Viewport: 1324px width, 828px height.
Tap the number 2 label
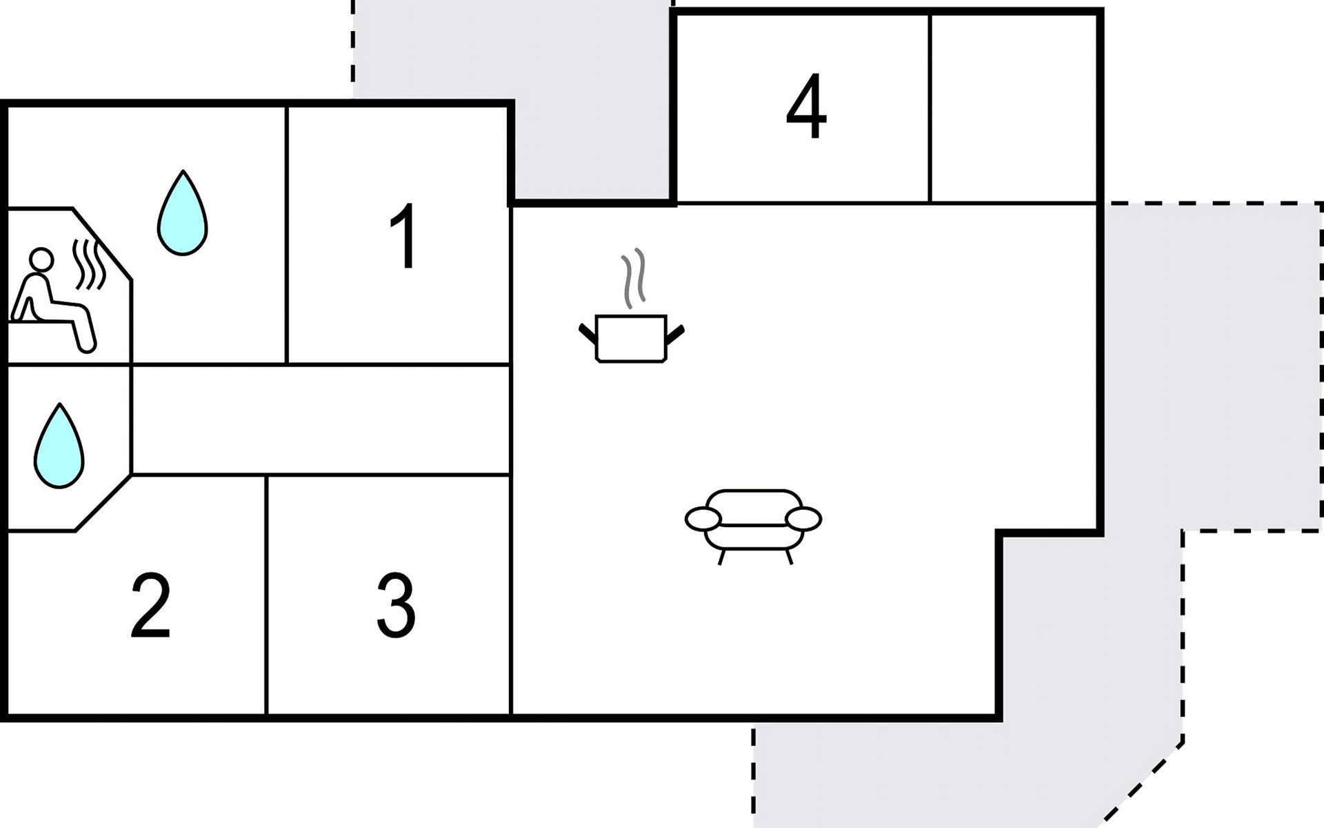[x=150, y=607]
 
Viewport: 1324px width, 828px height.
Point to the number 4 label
[x=806, y=106]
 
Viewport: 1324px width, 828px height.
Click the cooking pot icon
[x=631, y=337]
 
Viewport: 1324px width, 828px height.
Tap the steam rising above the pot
[x=634, y=279]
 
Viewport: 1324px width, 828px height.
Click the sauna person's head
[x=41, y=259]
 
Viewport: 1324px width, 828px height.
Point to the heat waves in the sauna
[x=89, y=265]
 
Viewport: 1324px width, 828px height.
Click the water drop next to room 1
[x=183, y=214]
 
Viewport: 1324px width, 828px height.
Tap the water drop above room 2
[x=59, y=447]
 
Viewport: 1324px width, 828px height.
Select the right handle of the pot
[x=675, y=334]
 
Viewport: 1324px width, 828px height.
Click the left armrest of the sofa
[x=703, y=519]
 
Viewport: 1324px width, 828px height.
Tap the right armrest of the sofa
[x=803, y=519]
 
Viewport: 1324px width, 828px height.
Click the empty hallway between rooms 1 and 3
[x=321, y=420]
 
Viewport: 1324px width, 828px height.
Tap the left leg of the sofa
[x=722, y=557]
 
